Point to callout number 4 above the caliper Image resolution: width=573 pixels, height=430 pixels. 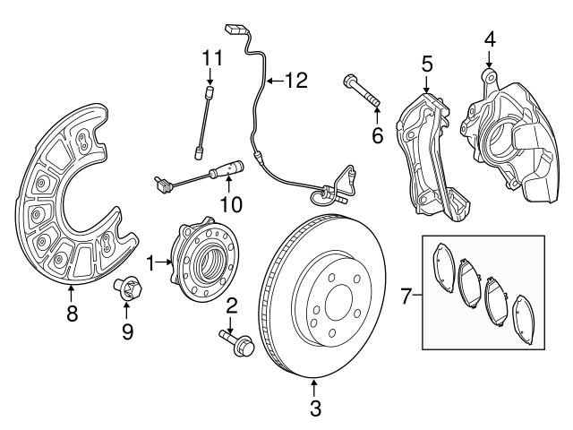pos(489,39)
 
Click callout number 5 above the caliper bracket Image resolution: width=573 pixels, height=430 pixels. pos(427,64)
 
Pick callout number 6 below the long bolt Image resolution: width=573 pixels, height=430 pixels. pos(377,135)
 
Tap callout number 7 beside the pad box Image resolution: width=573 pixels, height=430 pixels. pos(406,295)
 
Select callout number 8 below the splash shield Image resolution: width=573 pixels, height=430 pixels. pos(72,314)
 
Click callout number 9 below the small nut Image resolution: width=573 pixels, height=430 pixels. pos(126,332)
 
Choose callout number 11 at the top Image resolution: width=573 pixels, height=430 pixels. pos(210,59)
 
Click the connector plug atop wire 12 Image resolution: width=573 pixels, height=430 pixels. pos(235,30)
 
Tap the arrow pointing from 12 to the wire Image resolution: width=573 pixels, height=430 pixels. pos(274,81)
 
